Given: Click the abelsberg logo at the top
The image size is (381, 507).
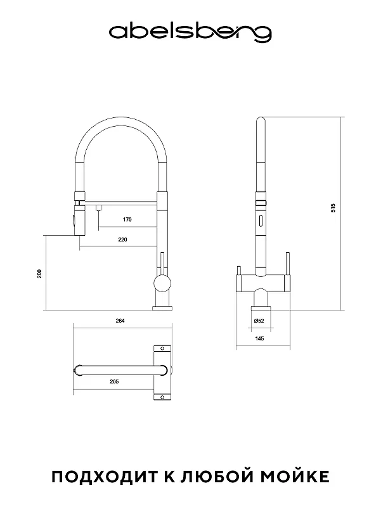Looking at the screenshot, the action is [x=190, y=33].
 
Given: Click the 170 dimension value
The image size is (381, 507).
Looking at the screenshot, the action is [x=127, y=219].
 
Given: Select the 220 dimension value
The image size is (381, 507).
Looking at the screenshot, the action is [x=122, y=240].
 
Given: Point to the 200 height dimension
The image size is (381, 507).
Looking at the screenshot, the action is [x=40, y=274].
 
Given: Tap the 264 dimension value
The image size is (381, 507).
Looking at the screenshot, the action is [x=120, y=321].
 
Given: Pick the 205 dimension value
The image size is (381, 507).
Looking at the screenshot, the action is [x=114, y=382].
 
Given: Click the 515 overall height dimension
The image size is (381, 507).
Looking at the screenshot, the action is [x=333, y=208].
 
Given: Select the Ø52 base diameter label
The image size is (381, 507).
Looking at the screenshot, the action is [x=259, y=321].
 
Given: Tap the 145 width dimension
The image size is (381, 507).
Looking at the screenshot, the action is [x=259, y=338].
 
